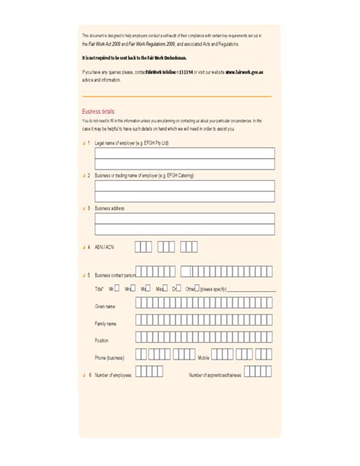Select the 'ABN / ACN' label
point(104,247)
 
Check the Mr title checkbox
point(118,288)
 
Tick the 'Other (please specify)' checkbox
point(197,288)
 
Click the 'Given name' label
point(105,306)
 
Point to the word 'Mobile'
point(204,357)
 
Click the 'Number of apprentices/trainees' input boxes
point(258,372)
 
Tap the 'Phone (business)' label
point(109,357)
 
